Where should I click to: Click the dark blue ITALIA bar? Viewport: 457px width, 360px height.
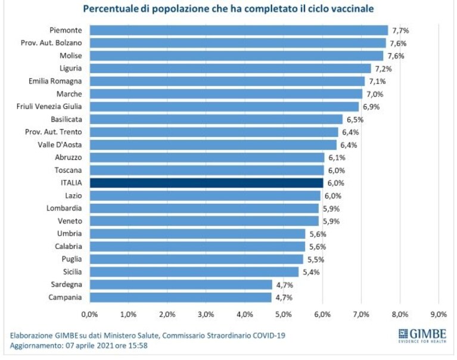click(206, 183)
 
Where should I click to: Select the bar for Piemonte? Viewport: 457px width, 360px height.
click(239, 30)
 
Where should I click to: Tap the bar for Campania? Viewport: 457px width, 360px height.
click(181, 297)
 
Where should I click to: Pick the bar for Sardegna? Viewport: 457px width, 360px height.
click(181, 284)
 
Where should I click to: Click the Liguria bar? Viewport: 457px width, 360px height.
click(231, 69)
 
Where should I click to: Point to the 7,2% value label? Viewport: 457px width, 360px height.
click(383, 69)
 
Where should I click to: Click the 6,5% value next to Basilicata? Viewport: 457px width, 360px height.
click(355, 120)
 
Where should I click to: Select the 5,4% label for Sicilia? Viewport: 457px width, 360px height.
click(311, 272)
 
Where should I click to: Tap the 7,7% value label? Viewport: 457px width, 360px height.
click(400, 30)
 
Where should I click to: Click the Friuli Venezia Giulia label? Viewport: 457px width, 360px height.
click(49, 107)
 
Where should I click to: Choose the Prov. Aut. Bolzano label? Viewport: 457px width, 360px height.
click(51, 43)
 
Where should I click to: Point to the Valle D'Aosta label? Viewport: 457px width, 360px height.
click(60, 145)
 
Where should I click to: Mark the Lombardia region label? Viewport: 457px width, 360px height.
click(64, 208)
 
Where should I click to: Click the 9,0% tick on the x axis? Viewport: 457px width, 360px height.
click(439, 314)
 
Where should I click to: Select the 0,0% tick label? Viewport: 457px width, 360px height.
click(90, 314)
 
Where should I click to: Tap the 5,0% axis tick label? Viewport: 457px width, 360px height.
click(284, 314)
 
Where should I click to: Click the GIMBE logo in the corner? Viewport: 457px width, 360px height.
click(422, 336)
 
